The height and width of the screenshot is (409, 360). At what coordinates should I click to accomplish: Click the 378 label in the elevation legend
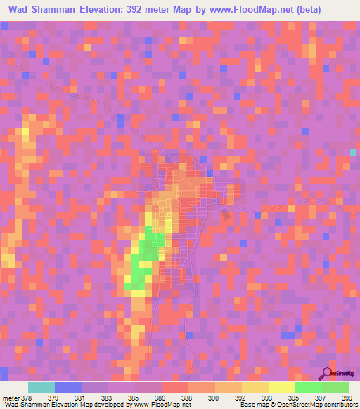point(25,397)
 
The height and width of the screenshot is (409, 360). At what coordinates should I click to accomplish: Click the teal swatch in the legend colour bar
point(41,387)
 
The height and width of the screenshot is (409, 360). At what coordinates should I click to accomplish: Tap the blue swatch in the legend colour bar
point(68,387)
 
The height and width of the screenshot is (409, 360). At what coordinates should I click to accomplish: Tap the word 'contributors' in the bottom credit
point(339,405)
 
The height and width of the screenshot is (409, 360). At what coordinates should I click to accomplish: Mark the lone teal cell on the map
point(354,152)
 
